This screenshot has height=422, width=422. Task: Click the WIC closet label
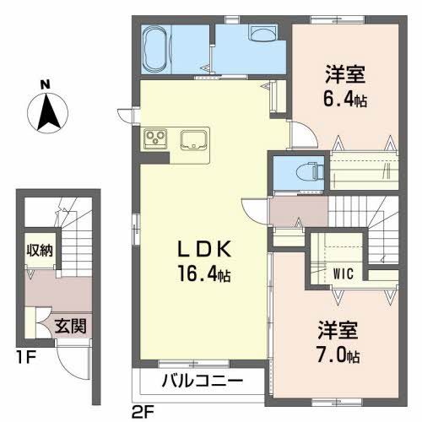point(342,273)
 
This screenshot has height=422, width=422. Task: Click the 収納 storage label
point(39,249)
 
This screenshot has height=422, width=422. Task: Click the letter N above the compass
point(45,84)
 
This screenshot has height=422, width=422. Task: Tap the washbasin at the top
point(262,33)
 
